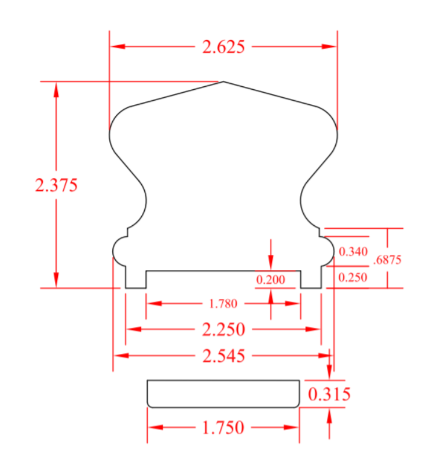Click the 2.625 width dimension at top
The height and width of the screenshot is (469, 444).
click(x=223, y=47)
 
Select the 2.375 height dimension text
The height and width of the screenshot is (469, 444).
click(x=56, y=185)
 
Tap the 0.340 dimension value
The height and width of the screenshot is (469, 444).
click(x=353, y=252)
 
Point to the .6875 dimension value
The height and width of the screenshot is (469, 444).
click(x=387, y=260)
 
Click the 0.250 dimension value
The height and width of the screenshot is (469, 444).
click(x=353, y=277)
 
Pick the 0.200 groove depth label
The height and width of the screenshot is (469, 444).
click(x=270, y=280)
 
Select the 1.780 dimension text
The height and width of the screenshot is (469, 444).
click(x=223, y=303)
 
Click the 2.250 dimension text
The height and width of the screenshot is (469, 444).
click(x=223, y=329)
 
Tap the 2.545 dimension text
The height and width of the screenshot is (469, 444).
click(x=223, y=356)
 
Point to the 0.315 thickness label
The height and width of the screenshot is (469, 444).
click(x=329, y=395)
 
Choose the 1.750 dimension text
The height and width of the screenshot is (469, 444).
click(x=223, y=428)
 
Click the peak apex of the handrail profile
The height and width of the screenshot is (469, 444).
click(x=223, y=82)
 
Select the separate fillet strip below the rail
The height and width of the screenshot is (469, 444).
click(x=223, y=394)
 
